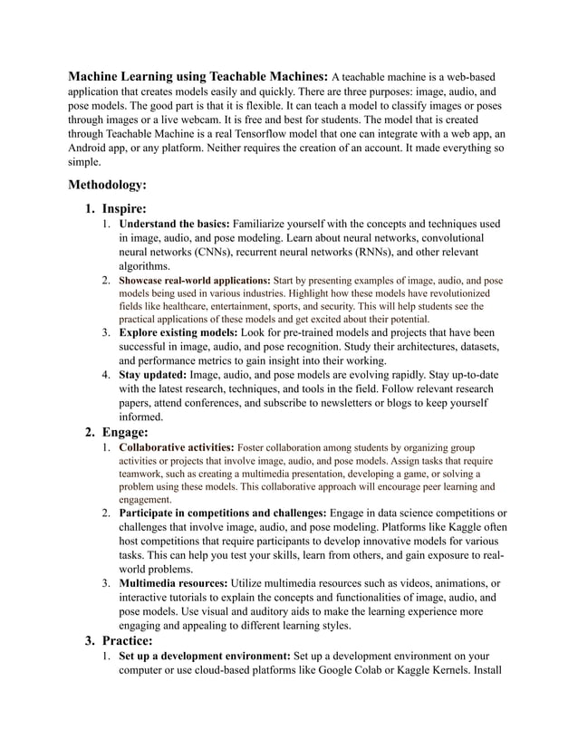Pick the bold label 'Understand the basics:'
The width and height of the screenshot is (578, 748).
coord(175,224)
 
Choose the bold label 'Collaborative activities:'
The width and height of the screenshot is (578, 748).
coord(177,447)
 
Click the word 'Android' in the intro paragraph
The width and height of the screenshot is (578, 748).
coord(91,148)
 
